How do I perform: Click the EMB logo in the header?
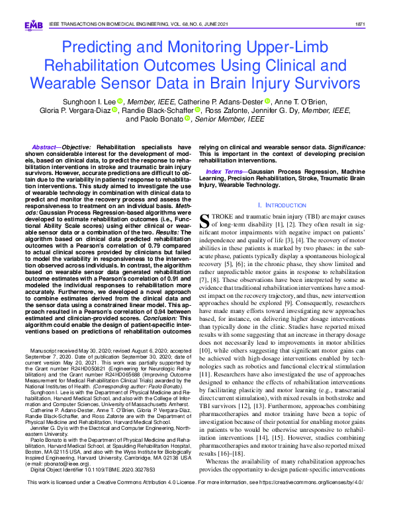point(32,25)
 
